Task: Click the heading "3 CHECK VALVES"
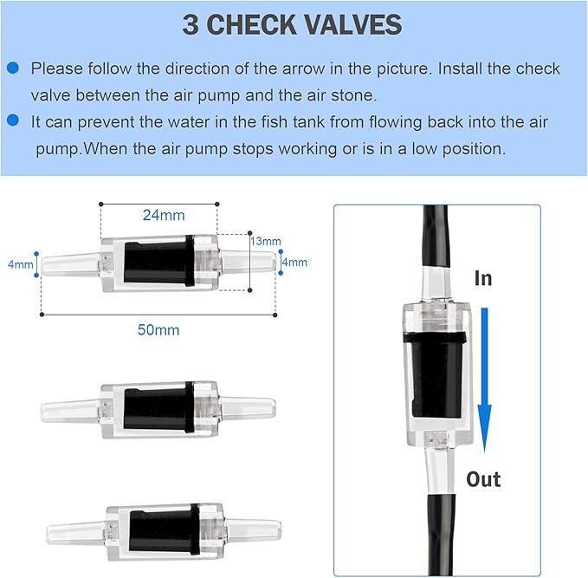click(x=293, y=24)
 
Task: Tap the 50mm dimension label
click(x=159, y=329)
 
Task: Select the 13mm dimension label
click(x=265, y=241)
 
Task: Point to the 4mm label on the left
click(x=20, y=264)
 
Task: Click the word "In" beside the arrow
click(x=483, y=278)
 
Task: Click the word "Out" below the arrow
click(x=483, y=479)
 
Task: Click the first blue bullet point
click(x=13, y=68)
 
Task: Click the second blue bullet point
click(x=13, y=123)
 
